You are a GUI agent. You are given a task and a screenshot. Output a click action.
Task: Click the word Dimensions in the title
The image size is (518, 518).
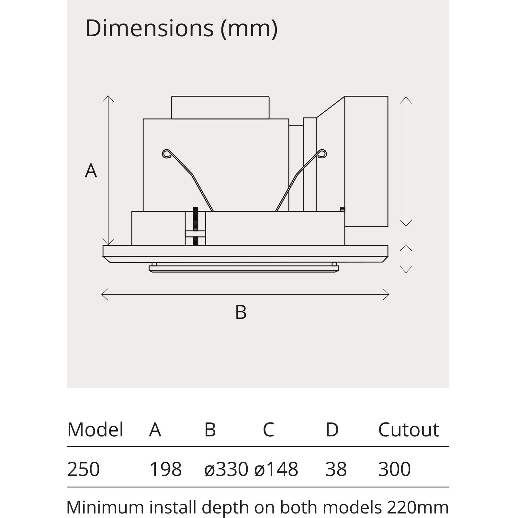149,28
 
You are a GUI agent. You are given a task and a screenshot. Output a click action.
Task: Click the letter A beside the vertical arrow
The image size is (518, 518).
91,171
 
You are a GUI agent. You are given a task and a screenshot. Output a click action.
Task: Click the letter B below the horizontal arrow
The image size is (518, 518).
241,312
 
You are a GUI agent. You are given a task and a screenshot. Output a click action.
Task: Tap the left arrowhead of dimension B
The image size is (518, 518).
104,294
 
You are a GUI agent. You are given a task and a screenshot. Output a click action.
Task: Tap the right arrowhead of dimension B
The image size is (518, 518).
387,294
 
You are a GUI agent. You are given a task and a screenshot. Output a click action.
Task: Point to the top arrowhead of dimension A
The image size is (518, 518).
108,98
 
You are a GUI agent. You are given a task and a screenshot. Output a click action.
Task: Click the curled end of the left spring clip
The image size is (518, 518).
166,153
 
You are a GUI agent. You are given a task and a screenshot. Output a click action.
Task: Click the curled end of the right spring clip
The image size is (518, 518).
322,153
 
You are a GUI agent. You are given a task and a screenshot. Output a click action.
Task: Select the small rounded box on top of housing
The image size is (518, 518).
220,107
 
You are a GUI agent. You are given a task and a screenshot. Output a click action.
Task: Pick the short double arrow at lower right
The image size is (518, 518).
406,258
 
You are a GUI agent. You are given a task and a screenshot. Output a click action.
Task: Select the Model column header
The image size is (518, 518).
95,430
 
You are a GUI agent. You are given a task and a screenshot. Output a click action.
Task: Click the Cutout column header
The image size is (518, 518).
408,430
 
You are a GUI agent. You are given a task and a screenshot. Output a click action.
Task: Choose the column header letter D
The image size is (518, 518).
332,430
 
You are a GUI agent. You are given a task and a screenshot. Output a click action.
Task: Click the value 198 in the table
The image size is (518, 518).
165,469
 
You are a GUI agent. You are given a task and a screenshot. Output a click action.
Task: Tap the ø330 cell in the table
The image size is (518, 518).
226,469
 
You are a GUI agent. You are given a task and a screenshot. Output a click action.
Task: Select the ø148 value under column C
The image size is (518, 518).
276,469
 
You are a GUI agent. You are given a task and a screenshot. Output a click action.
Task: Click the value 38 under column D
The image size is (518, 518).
336,469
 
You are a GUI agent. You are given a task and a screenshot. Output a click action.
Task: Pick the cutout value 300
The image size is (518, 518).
394,469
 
